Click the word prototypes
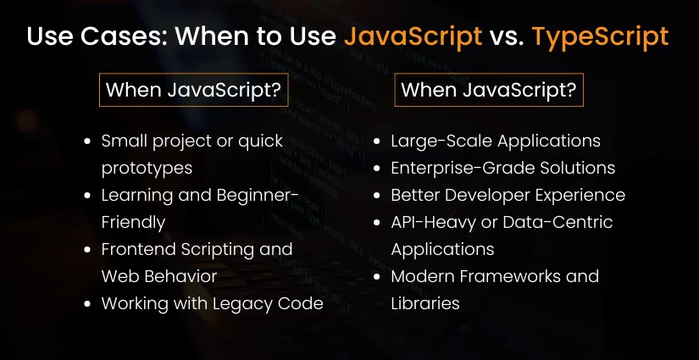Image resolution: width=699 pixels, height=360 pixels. coord(147,168)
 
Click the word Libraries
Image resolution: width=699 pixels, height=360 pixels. coord(425,303)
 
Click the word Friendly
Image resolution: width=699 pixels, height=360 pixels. coord(133,222)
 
